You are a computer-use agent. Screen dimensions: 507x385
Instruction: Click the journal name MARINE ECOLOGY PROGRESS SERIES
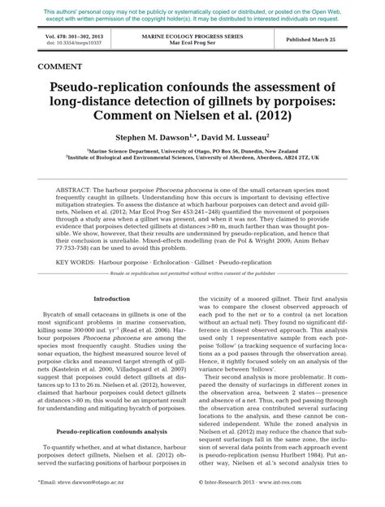click(x=192, y=37)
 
